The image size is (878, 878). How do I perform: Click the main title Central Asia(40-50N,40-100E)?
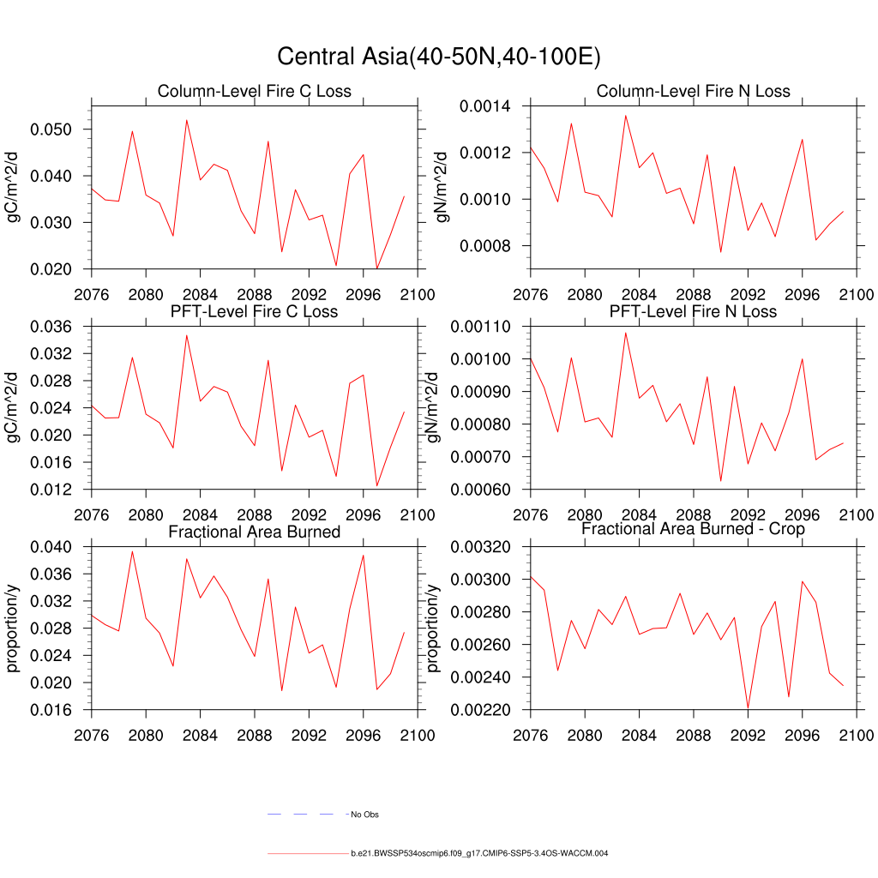(x=438, y=57)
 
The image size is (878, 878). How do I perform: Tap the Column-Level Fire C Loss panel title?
(x=254, y=92)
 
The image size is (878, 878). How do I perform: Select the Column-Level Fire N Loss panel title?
(x=693, y=92)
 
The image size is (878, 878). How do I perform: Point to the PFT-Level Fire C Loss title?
(x=254, y=311)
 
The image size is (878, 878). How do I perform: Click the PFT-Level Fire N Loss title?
(x=693, y=311)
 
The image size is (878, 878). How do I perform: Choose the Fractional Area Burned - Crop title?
(x=693, y=529)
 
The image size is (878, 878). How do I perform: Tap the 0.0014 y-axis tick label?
(x=485, y=106)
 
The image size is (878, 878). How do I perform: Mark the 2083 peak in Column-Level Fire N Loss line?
(x=626, y=116)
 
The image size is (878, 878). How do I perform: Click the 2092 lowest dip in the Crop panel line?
(x=749, y=709)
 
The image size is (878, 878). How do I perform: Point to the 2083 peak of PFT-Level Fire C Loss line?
(x=187, y=335)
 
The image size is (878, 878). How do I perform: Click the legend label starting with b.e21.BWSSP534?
(x=479, y=854)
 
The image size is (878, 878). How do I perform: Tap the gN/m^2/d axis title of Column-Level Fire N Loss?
(x=442, y=187)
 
